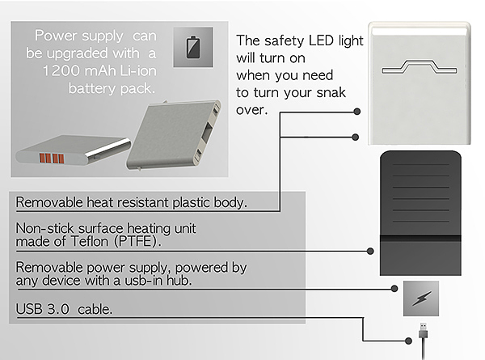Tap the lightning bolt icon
pyautogui.click(x=420, y=298)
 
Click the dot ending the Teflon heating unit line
pyautogui.click(x=369, y=251)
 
